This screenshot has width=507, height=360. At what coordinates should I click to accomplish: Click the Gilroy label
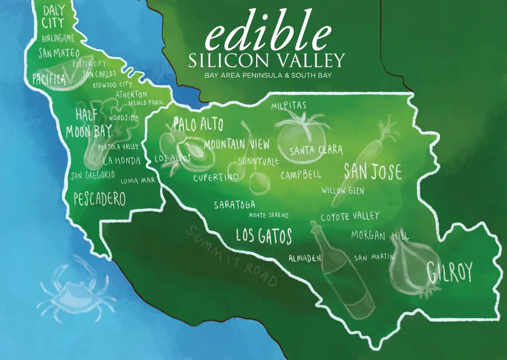pyautogui.click(x=450, y=272)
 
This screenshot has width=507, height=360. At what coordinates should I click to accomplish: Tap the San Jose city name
pyautogui.click(x=373, y=171)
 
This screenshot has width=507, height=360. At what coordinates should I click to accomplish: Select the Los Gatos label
pyautogui.click(x=263, y=236)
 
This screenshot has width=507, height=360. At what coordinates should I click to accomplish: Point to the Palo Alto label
pyautogui.click(x=198, y=124)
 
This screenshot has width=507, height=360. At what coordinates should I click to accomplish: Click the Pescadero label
pyautogui.click(x=99, y=199)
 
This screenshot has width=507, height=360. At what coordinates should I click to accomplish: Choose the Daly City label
pyautogui.click(x=53, y=16)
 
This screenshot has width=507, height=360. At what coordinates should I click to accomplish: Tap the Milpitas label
pyautogui.click(x=289, y=106)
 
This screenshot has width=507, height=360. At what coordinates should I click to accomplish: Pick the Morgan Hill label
pyautogui.click(x=380, y=235)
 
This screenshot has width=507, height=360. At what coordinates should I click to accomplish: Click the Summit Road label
pyautogui.click(x=232, y=256)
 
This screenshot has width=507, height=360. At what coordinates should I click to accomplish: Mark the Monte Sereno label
pyautogui.click(x=268, y=215)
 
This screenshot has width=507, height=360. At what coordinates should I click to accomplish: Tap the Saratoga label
pyautogui.click(x=234, y=205)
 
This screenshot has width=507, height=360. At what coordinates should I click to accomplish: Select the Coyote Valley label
pyautogui.click(x=349, y=216)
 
